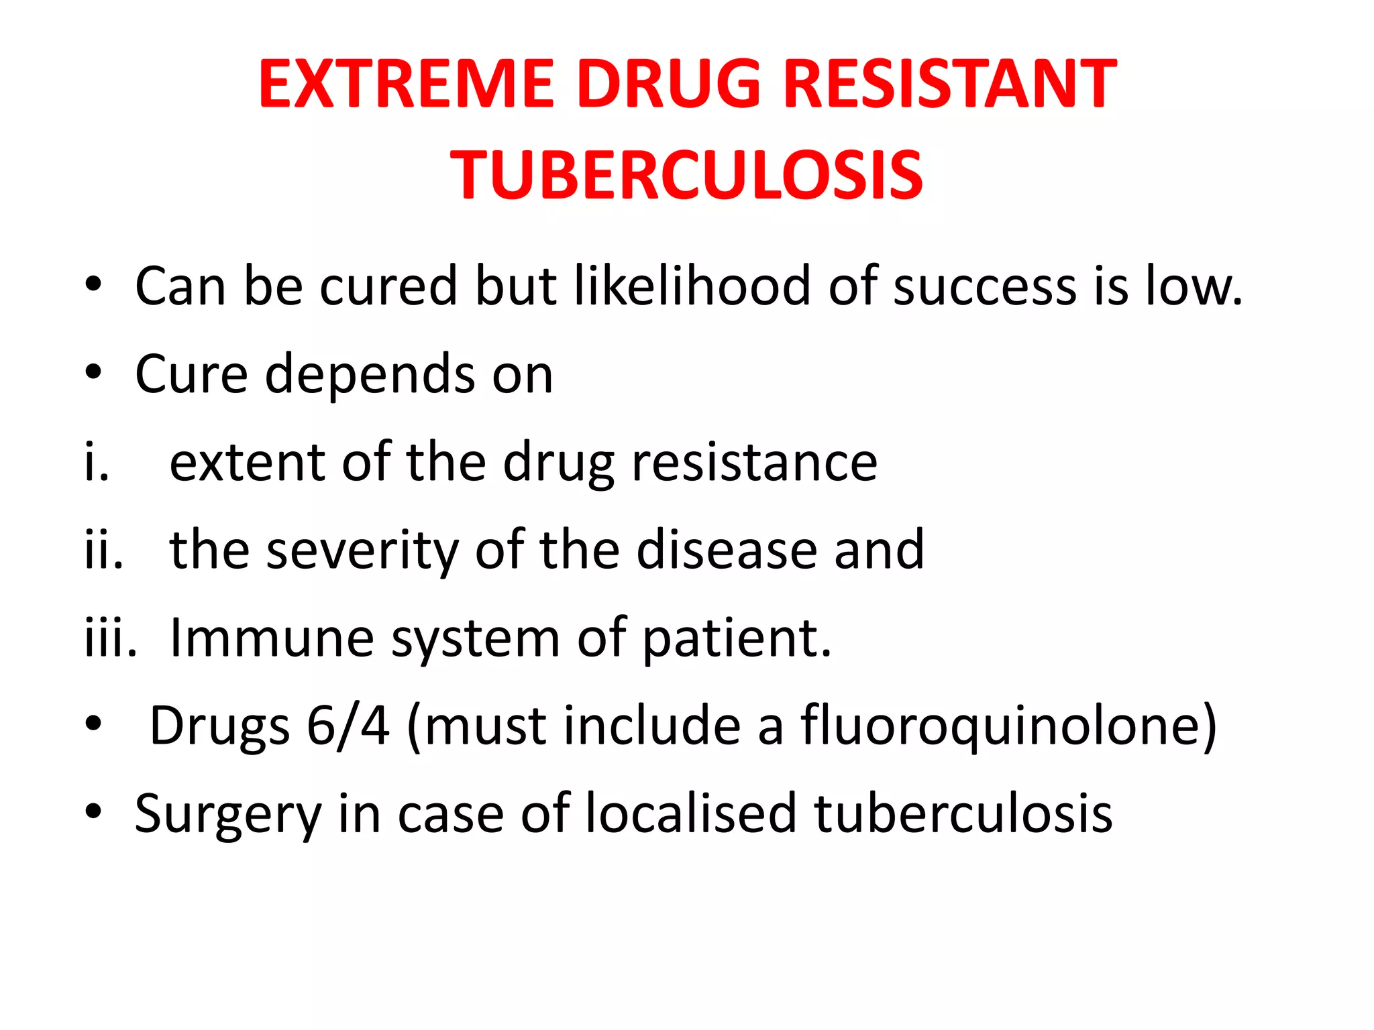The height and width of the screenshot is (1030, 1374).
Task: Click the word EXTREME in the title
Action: pyautogui.click(x=407, y=84)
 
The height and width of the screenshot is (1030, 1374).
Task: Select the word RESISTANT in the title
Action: pyautogui.click(x=949, y=84)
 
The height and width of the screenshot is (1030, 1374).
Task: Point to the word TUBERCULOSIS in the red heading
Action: pyautogui.click(x=686, y=176)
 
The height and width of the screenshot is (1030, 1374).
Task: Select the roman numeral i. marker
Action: pyautogui.click(x=97, y=463)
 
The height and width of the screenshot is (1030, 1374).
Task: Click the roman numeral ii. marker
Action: pyautogui.click(x=104, y=551)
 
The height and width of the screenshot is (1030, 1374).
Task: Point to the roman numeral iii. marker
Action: pyautogui.click(x=111, y=638)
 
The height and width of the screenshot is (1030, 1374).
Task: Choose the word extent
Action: pyautogui.click(x=248, y=463)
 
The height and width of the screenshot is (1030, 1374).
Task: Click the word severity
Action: pyautogui.click(x=362, y=551)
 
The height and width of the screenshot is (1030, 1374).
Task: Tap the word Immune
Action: pyautogui.click(x=272, y=638)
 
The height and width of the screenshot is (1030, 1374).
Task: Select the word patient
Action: pyautogui.click(x=736, y=638)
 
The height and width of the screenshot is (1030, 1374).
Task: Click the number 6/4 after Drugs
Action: pyautogui.click(x=348, y=726)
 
